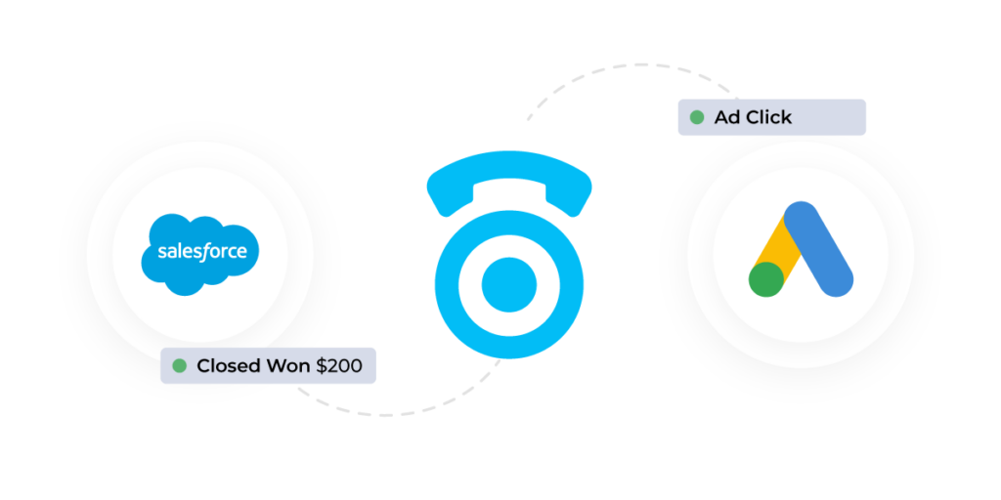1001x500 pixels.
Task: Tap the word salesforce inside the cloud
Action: (201, 252)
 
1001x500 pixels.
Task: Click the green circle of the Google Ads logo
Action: (766, 278)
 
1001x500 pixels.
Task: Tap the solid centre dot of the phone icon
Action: (509, 284)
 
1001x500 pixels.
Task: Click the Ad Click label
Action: (771, 117)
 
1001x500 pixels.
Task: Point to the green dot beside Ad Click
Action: (697, 117)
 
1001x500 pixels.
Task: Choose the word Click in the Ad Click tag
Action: (767, 117)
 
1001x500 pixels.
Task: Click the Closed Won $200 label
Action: (268, 366)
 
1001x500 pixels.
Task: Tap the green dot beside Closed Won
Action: (180, 366)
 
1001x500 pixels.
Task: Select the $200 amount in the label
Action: (338, 366)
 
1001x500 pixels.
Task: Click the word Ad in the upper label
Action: (726, 117)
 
